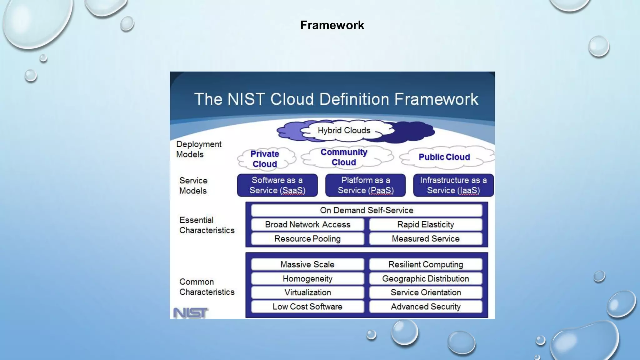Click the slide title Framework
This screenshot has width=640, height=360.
pyautogui.click(x=332, y=25)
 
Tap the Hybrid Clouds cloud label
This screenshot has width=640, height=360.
pyautogui.click(x=344, y=130)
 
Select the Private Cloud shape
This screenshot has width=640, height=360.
pyautogui.click(x=265, y=159)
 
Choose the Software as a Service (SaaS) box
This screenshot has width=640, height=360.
pyautogui.click(x=277, y=185)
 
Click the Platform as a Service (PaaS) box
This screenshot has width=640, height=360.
pyautogui.click(x=365, y=185)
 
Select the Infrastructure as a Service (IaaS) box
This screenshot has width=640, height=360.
pyautogui.click(x=453, y=185)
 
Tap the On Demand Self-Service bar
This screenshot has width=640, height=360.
pyautogui.click(x=367, y=210)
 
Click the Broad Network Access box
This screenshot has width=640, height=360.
pyautogui.click(x=307, y=224)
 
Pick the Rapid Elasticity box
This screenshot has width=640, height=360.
pyautogui.click(x=425, y=224)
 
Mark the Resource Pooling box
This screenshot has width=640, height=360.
pyautogui.click(x=307, y=239)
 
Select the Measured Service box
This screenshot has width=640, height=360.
pyautogui.click(x=425, y=239)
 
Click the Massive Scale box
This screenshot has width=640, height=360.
pyautogui.click(x=307, y=264)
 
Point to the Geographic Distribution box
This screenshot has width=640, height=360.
pyautogui.click(x=425, y=278)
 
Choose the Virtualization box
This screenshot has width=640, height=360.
pyautogui.click(x=307, y=292)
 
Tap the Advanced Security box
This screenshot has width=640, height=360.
pyautogui.click(x=425, y=307)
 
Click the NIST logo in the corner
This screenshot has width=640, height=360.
pyautogui.click(x=190, y=312)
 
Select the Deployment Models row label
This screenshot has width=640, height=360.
pyautogui.click(x=199, y=149)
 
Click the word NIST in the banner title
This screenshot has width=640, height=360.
pyautogui.click(x=246, y=99)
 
